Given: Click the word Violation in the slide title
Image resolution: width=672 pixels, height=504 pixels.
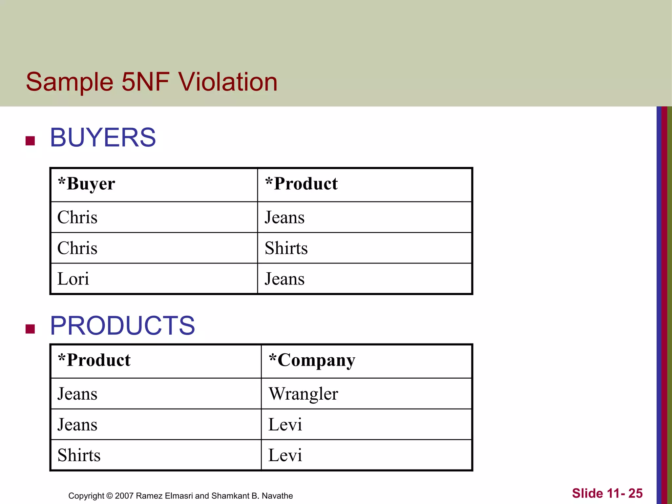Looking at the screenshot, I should [x=228, y=82].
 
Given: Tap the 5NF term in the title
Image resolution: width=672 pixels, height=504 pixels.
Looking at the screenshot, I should [x=145, y=82].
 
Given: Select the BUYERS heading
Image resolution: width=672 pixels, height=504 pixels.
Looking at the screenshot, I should [x=103, y=137].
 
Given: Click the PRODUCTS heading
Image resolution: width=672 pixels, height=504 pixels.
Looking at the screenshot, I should [x=122, y=325].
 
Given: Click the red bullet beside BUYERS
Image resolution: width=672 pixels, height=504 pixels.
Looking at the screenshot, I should [x=30, y=141].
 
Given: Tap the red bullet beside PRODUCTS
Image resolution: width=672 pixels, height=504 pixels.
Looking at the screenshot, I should [x=30, y=329].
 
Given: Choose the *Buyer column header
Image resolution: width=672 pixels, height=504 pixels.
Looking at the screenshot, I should [x=86, y=184].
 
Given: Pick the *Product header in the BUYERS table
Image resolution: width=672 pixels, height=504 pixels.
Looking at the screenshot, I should [x=301, y=184].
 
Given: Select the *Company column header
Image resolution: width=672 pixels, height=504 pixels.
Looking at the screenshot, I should [x=312, y=360].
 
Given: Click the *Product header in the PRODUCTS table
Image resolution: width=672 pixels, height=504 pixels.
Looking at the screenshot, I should [x=94, y=360].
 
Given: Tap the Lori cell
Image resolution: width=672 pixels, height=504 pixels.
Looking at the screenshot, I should [x=73, y=279].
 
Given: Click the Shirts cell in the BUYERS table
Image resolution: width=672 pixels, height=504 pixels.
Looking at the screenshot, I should [x=286, y=248].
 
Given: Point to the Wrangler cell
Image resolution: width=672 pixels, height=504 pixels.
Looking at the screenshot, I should [x=303, y=394].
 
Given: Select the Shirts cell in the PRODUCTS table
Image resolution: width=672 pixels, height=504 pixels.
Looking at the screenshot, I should [x=79, y=455].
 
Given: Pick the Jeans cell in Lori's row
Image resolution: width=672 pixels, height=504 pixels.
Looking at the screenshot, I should [x=284, y=279].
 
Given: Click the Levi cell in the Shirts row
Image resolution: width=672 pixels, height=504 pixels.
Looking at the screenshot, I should [x=285, y=455].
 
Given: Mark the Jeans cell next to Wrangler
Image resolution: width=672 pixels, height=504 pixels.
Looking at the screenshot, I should [x=77, y=394].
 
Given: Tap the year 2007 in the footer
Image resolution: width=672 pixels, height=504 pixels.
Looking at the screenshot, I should [x=124, y=496].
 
